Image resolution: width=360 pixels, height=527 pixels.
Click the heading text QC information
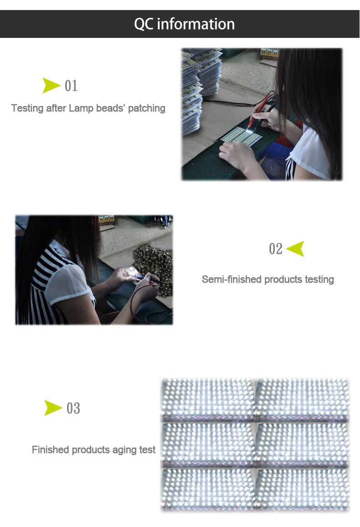pos(184,24)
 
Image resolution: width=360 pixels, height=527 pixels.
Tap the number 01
pos(71,85)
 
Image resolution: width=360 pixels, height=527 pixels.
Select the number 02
pos(276,249)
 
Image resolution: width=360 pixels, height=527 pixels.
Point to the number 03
pos(73,408)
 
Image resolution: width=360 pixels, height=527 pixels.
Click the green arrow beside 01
pos(51,85)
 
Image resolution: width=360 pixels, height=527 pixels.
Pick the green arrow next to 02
pos(295,248)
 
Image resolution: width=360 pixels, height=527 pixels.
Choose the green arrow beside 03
pos(53,407)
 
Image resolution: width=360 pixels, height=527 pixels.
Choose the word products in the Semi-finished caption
pos(282,279)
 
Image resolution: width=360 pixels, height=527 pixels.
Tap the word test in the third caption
pos(147,450)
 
